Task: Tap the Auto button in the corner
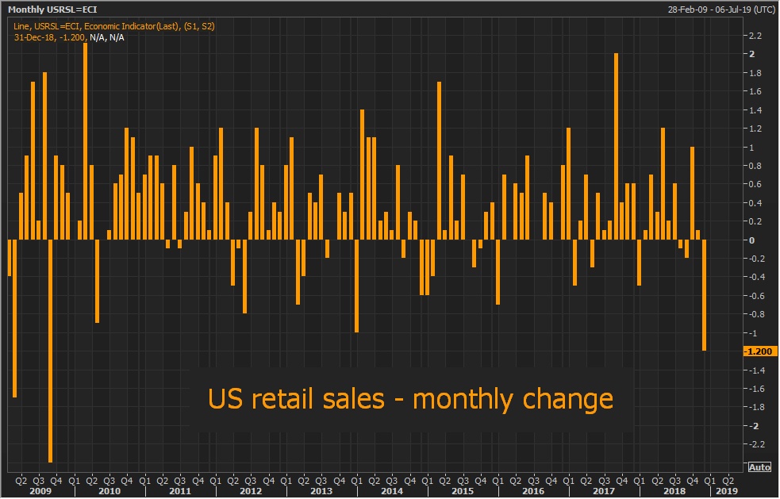click(x=759, y=466)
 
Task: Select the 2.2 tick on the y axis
click(x=755, y=36)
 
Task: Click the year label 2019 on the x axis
click(x=726, y=491)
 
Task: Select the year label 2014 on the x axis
click(x=391, y=491)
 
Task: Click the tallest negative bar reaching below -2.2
click(x=50, y=349)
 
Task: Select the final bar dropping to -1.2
click(x=705, y=295)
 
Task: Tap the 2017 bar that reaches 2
click(x=617, y=147)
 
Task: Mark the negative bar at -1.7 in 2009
click(x=15, y=317)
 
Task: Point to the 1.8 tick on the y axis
click(x=755, y=73)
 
